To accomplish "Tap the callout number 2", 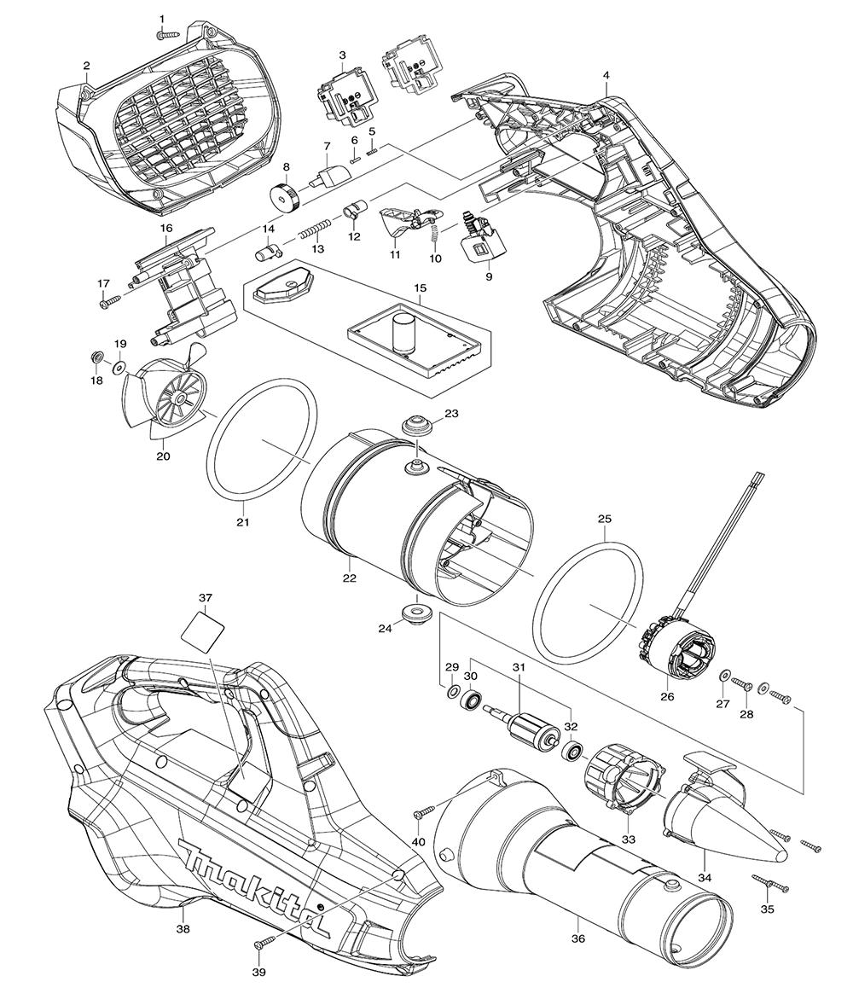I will [x=86, y=66].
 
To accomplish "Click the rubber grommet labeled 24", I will [x=416, y=613].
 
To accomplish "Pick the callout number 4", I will [x=606, y=75].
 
